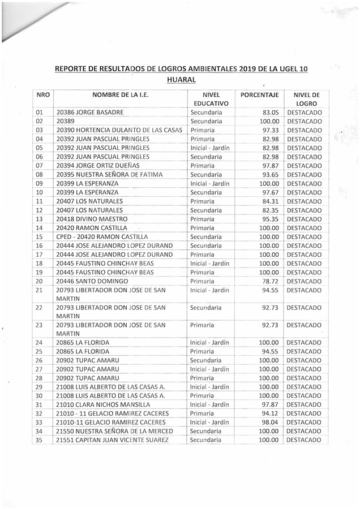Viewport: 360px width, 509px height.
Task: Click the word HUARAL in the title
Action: tap(181, 80)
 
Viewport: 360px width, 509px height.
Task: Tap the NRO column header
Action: tap(41, 95)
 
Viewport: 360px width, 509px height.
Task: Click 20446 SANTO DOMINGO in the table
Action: tap(90, 281)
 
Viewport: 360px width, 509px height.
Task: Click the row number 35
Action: tap(40, 439)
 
